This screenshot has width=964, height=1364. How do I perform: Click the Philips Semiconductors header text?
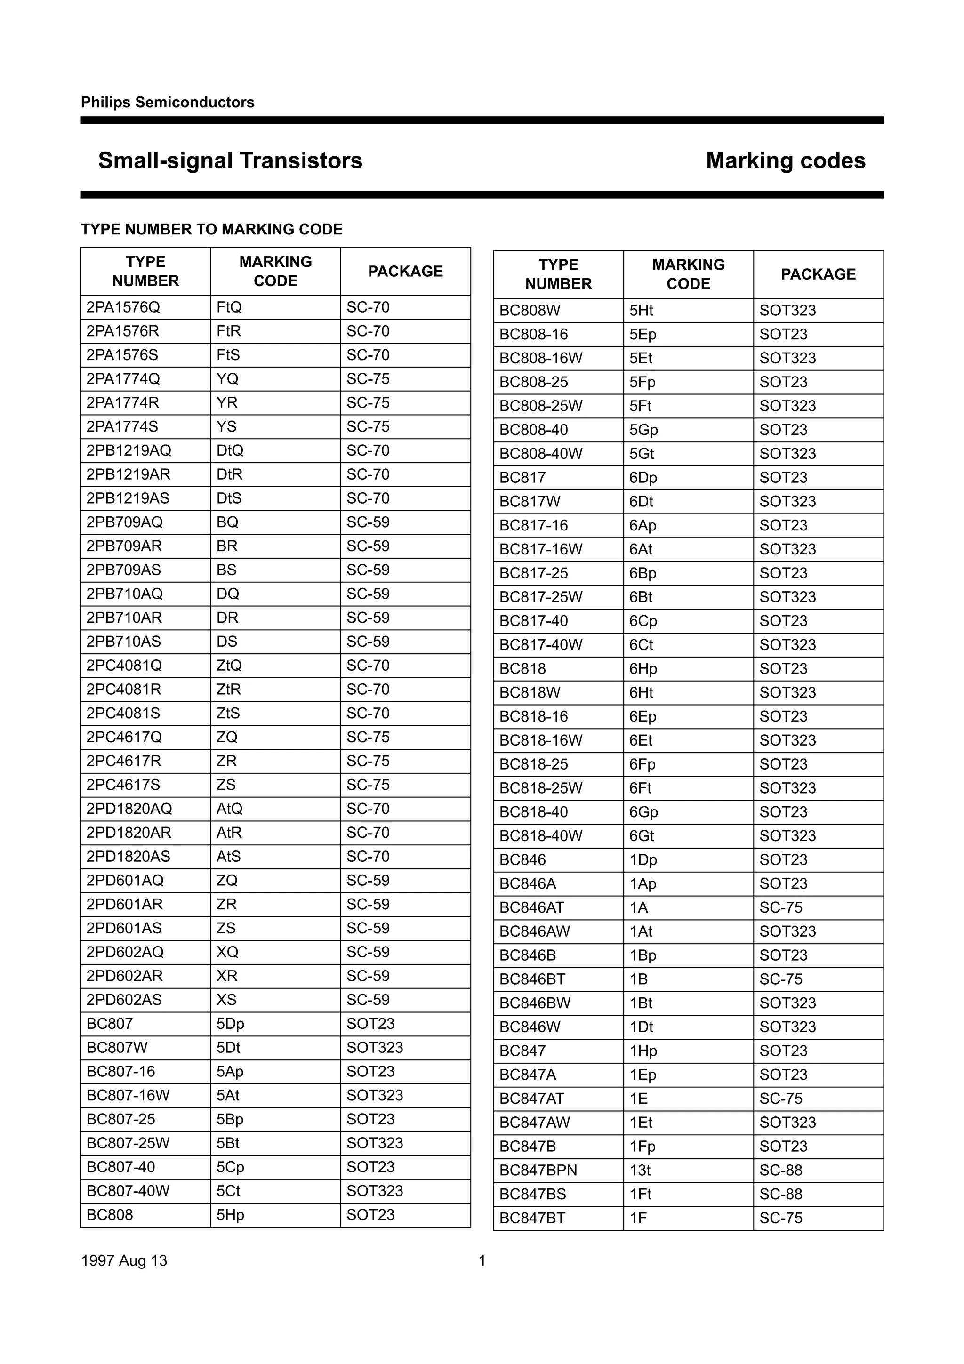tap(168, 102)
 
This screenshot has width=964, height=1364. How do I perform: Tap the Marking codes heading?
tap(785, 160)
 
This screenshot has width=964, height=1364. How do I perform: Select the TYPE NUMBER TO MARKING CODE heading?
tap(211, 229)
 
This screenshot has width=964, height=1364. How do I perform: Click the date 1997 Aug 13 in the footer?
tap(124, 1260)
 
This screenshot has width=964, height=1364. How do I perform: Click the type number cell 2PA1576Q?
tap(123, 307)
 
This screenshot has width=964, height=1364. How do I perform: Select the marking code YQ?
tap(227, 379)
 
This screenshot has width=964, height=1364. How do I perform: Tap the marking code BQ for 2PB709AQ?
tap(227, 522)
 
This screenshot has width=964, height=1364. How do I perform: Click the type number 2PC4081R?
tap(123, 689)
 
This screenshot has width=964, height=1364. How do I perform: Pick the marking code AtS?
tap(228, 856)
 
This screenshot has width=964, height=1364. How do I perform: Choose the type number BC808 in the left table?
tap(109, 1214)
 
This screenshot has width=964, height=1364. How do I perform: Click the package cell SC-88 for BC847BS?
tap(780, 1194)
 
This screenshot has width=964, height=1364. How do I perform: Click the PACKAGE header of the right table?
tap(818, 274)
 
